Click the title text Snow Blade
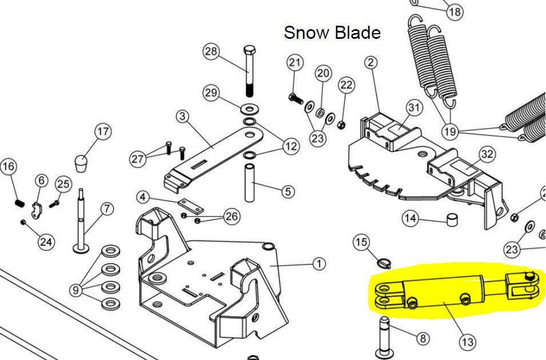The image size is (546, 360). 332,33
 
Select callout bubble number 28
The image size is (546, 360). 211,51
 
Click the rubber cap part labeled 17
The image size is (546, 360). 81,163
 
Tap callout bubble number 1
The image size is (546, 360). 319,264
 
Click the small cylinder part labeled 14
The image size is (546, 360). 452,219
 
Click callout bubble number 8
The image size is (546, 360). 423,338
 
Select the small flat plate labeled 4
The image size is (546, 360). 190,206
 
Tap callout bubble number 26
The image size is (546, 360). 232,217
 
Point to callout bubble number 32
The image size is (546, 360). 488,154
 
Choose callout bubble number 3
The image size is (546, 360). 182,117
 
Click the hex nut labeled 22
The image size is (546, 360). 341,125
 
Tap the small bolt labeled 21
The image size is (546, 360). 296,98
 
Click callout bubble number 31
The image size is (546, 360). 414,107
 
